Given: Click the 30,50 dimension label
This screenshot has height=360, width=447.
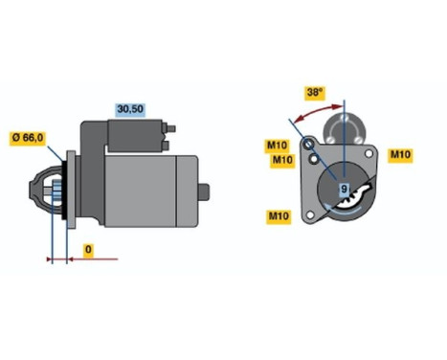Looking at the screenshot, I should (128, 109).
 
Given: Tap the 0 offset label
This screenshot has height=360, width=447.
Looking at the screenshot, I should (88, 250).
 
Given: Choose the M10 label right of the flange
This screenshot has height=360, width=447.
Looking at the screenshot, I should (400, 155).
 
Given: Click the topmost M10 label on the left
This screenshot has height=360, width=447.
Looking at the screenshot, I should (277, 146).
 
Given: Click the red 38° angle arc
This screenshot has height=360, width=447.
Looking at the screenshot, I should (317, 112).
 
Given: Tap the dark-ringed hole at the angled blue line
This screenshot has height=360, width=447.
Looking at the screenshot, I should (310, 145).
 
